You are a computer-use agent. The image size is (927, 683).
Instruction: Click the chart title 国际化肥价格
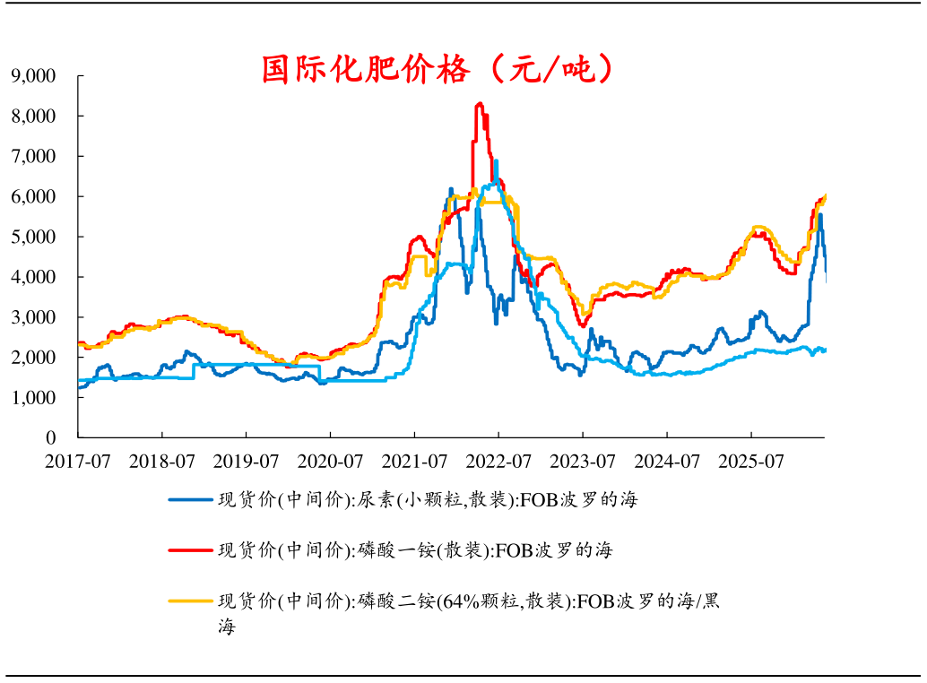(366, 69)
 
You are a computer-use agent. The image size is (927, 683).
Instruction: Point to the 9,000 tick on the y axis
(33, 75)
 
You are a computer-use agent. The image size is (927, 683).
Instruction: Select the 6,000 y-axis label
(33, 196)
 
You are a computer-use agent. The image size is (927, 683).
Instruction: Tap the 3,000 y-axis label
(33, 316)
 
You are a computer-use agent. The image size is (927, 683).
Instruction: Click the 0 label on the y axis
(51, 437)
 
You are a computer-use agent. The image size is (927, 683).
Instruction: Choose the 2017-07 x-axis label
(77, 462)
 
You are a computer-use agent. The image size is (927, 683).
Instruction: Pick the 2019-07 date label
(246, 462)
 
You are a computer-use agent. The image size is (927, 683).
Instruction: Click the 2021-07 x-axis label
(414, 462)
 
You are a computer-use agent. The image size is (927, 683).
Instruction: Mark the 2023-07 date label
(583, 462)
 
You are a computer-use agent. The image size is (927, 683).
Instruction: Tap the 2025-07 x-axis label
(751, 462)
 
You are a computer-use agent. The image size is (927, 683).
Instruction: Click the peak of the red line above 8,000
(480, 103)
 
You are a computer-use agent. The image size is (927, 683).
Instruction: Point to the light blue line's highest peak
(496, 160)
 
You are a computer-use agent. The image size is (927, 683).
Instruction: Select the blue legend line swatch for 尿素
(190, 500)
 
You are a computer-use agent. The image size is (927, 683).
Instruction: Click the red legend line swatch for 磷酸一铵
(190, 550)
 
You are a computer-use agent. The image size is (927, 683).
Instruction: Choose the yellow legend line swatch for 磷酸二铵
(190, 601)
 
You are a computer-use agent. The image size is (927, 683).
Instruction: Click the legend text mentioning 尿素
(428, 500)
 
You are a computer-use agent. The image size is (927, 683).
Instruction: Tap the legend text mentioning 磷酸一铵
(416, 550)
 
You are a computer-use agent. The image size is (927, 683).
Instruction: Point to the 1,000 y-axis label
(33, 397)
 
